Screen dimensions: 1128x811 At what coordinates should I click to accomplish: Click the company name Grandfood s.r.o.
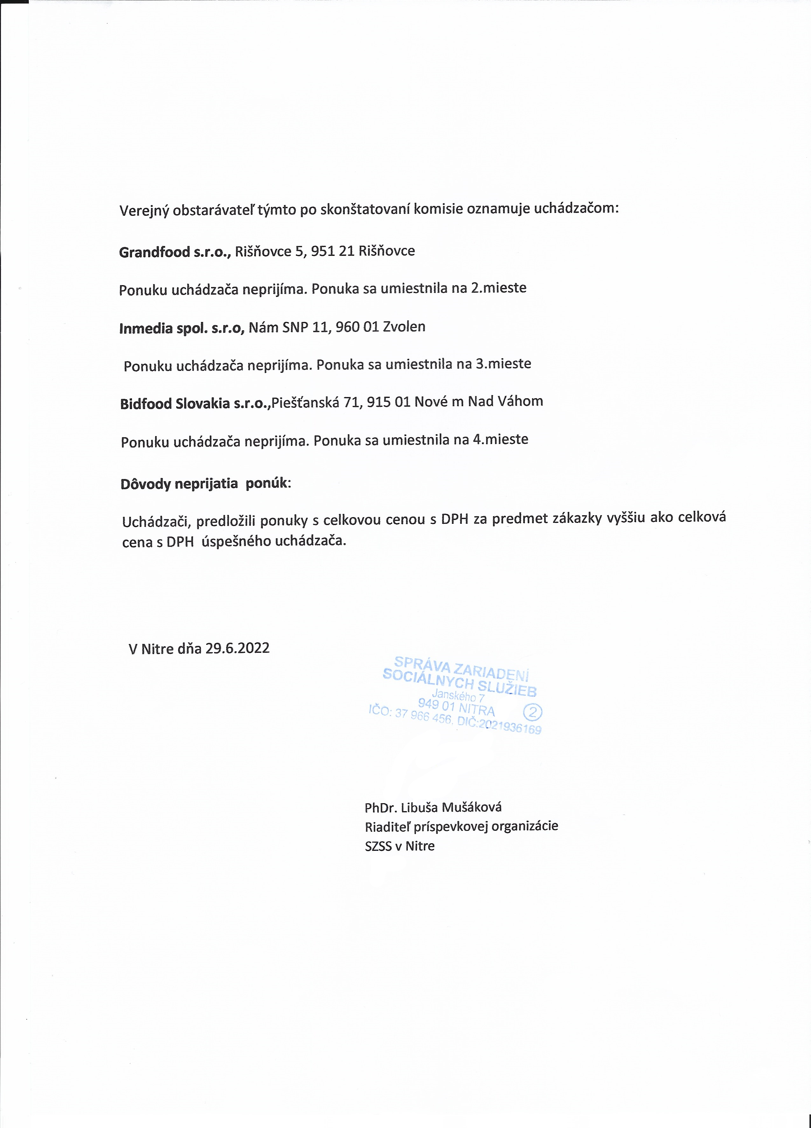(175, 252)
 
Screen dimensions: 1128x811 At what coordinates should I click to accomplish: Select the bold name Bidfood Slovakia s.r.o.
(195, 403)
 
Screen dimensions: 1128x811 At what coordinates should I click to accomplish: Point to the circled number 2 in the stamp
(533, 713)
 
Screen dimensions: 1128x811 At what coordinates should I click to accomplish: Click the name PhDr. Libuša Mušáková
(433, 807)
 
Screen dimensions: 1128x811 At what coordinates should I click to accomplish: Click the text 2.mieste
(499, 287)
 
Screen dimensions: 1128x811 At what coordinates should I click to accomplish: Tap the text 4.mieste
(501, 439)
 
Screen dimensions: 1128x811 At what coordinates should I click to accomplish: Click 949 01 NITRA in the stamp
(456, 707)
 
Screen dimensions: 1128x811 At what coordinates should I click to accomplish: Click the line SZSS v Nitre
(399, 846)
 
